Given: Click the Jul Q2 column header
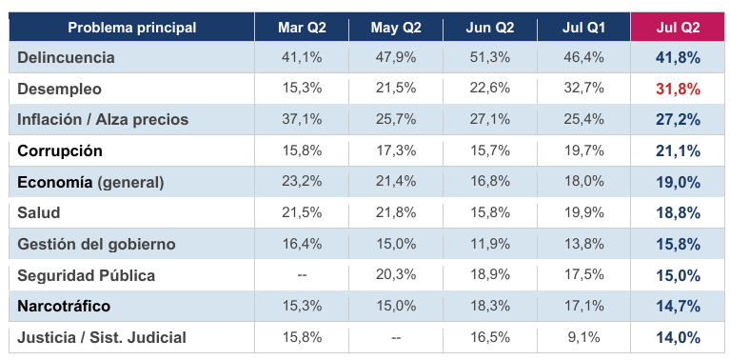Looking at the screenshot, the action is (x=678, y=28).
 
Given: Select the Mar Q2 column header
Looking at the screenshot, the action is (x=302, y=28).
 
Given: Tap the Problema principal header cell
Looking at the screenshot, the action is (x=131, y=28).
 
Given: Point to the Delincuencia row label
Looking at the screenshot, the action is (x=66, y=57).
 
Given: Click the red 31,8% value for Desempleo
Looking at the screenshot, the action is (x=678, y=89).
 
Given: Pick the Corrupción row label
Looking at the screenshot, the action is (x=60, y=150).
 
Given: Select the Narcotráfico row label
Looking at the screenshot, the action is (x=64, y=306).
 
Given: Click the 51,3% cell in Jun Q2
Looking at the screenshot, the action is (x=489, y=57).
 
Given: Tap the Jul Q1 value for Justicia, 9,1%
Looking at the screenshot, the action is (x=583, y=337).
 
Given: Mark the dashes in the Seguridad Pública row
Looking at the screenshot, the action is (x=302, y=275).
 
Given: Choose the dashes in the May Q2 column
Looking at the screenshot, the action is (x=396, y=337).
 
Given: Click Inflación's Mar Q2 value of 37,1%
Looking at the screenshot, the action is (x=302, y=119).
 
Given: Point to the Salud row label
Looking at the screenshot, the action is (x=39, y=212).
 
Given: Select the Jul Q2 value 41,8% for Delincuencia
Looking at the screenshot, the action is (x=678, y=57).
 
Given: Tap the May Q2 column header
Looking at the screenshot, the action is (x=396, y=28).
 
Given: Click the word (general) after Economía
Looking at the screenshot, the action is (x=130, y=182).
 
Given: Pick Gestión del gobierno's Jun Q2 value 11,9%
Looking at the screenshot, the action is (x=489, y=244).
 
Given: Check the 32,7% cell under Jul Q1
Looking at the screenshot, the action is (x=583, y=89).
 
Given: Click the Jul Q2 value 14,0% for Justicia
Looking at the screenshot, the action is (x=678, y=337).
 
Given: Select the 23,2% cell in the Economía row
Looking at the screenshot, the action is (x=302, y=182).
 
